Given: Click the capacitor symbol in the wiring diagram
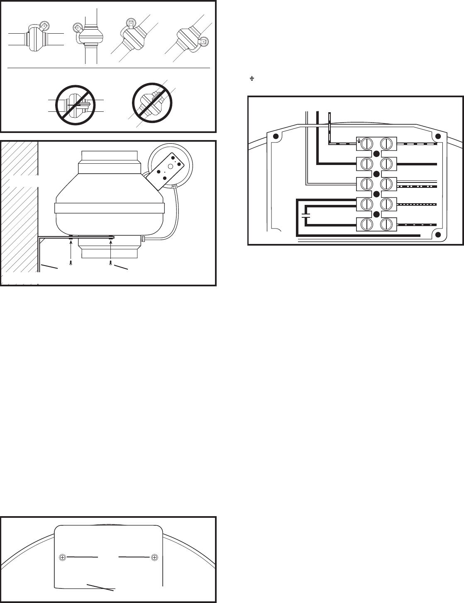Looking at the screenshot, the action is click(306, 216).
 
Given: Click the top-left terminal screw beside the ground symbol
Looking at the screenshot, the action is click(366, 143).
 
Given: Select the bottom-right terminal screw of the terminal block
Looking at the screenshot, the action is click(386, 225).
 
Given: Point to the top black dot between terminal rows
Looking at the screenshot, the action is click(376, 154).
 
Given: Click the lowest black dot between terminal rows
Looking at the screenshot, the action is click(376, 214).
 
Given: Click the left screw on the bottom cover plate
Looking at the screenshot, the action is click(63, 557).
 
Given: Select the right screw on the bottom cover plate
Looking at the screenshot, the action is click(154, 557).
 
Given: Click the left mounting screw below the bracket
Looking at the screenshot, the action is click(71, 263).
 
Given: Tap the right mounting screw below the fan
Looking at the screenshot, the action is click(111, 263).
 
